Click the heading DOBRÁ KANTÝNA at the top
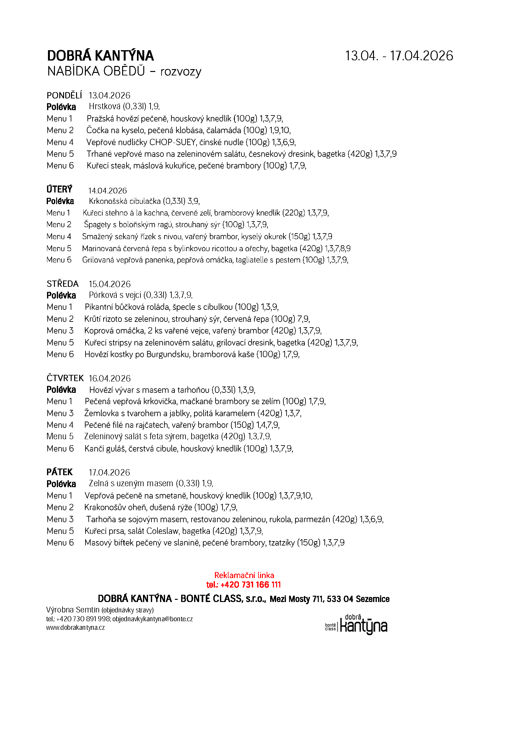(x=100, y=56)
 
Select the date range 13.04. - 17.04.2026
(x=399, y=56)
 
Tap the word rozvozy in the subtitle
(x=181, y=71)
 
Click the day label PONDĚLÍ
(x=64, y=96)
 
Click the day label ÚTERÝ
(x=59, y=189)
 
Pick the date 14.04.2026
(x=108, y=191)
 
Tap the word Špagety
(x=97, y=224)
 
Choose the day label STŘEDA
(x=63, y=284)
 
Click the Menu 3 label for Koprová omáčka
(x=60, y=330)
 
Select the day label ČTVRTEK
(x=65, y=378)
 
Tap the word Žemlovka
(x=101, y=413)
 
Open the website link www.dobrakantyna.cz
(x=75, y=628)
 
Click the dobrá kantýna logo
(x=357, y=625)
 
